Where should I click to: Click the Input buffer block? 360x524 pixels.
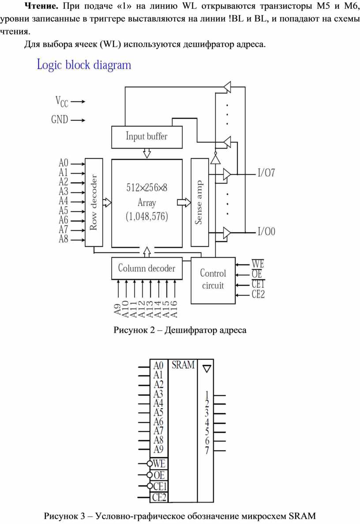[146, 137]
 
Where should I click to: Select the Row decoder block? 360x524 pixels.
[94, 202]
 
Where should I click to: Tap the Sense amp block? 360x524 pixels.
[199, 202]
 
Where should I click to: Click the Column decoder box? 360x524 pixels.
[146, 268]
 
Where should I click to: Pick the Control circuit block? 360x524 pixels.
[213, 280]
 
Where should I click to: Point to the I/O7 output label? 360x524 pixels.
[266, 173]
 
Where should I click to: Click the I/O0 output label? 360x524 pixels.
[266, 231]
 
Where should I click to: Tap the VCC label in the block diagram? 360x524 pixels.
[62, 102]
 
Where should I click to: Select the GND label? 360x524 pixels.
[60, 119]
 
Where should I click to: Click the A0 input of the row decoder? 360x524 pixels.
[64, 163]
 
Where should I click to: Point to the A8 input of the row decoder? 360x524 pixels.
[64, 239]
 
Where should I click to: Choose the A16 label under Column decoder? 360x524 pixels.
[174, 309]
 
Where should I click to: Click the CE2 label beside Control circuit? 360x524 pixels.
[258, 294]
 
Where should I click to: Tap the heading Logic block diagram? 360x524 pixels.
[84, 65]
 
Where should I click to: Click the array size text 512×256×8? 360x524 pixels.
[146, 188]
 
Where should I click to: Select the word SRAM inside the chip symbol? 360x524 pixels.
[183, 365]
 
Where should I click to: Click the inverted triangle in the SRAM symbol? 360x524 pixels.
[207, 369]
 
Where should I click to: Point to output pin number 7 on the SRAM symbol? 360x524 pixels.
[207, 450]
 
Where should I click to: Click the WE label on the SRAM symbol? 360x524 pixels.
[159, 464]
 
